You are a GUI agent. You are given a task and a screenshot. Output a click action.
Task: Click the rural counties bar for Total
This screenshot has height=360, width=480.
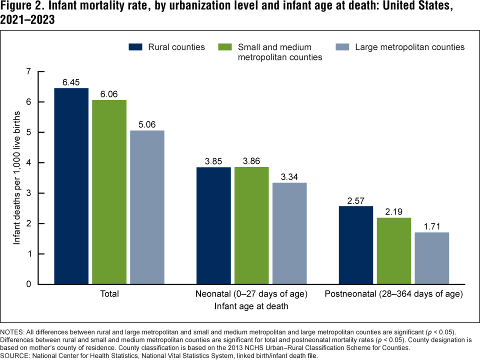71,186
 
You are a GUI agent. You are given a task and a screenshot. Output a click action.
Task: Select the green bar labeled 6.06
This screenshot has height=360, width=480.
109,192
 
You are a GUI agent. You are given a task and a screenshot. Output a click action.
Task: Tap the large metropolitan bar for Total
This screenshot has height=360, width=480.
147,207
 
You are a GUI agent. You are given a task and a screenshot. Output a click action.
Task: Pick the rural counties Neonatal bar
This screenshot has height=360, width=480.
213,225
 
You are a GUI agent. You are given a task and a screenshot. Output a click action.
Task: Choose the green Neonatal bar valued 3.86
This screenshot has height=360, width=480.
251,225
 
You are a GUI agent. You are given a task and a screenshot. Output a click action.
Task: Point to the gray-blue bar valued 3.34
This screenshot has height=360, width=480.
289,233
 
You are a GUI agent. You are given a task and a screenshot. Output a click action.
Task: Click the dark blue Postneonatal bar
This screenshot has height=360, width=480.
356,245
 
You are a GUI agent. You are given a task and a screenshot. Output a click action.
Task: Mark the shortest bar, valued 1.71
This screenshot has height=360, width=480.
432,258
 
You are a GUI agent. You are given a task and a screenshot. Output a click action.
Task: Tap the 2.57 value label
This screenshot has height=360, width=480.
356,200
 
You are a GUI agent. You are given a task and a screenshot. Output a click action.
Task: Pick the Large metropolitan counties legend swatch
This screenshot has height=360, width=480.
341,47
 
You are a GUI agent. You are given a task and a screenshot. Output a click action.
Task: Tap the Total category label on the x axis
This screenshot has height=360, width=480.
109,294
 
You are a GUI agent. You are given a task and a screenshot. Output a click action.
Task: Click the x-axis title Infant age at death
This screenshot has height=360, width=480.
251,306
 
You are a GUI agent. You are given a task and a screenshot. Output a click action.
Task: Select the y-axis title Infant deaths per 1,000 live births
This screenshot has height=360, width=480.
18,178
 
